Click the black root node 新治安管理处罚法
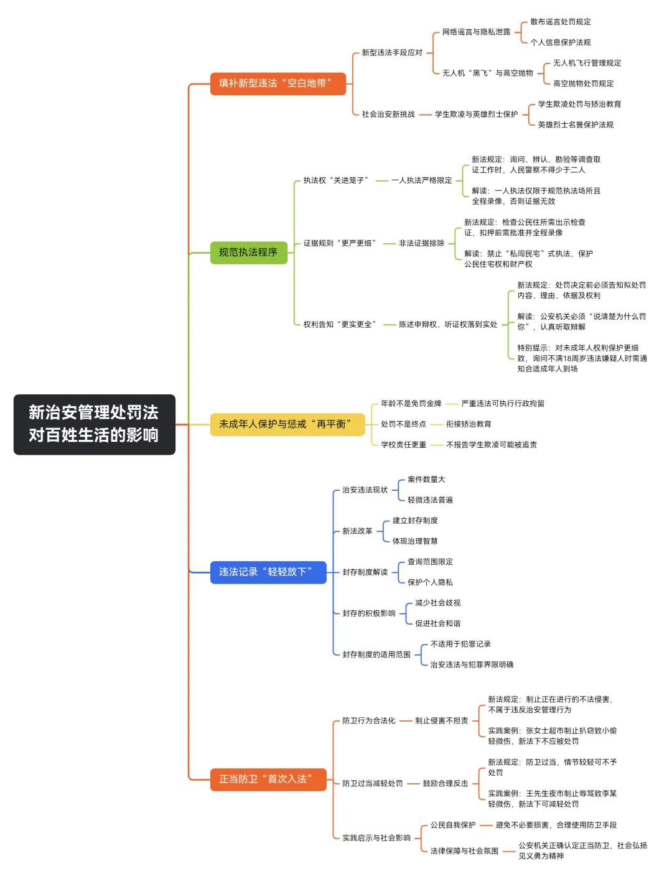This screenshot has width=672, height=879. click(94, 424)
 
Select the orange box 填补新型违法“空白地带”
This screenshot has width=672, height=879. click(278, 83)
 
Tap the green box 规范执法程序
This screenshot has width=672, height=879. click(248, 253)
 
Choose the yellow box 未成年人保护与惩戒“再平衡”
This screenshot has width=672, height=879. click(287, 424)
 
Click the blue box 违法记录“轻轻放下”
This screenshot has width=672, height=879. click(268, 572)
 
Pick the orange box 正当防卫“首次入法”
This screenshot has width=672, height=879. click(268, 779)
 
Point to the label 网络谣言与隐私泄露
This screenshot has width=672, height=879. click(476, 32)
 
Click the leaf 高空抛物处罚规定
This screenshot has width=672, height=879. click(583, 83)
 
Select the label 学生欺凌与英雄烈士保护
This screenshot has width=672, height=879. click(476, 114)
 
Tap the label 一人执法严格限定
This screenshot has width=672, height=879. click(421, 180)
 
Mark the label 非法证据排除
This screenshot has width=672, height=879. click(421, 243)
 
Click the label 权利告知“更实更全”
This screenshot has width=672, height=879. click(340, 325)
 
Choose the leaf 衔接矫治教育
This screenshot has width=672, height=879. click(469, 424)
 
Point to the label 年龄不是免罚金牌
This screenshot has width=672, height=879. click(411, 404)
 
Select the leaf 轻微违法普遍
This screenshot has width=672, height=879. click(430, 500)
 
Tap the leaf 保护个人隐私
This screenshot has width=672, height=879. click(430, 582)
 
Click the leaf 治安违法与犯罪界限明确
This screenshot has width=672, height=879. click(472, 665)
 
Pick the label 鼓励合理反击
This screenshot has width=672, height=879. click(446, 784)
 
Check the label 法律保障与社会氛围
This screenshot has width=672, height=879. click(464, 851)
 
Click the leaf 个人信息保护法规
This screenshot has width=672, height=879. click(560, 42)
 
